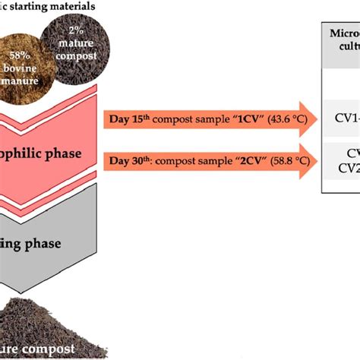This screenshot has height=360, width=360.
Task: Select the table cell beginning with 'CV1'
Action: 346,118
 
